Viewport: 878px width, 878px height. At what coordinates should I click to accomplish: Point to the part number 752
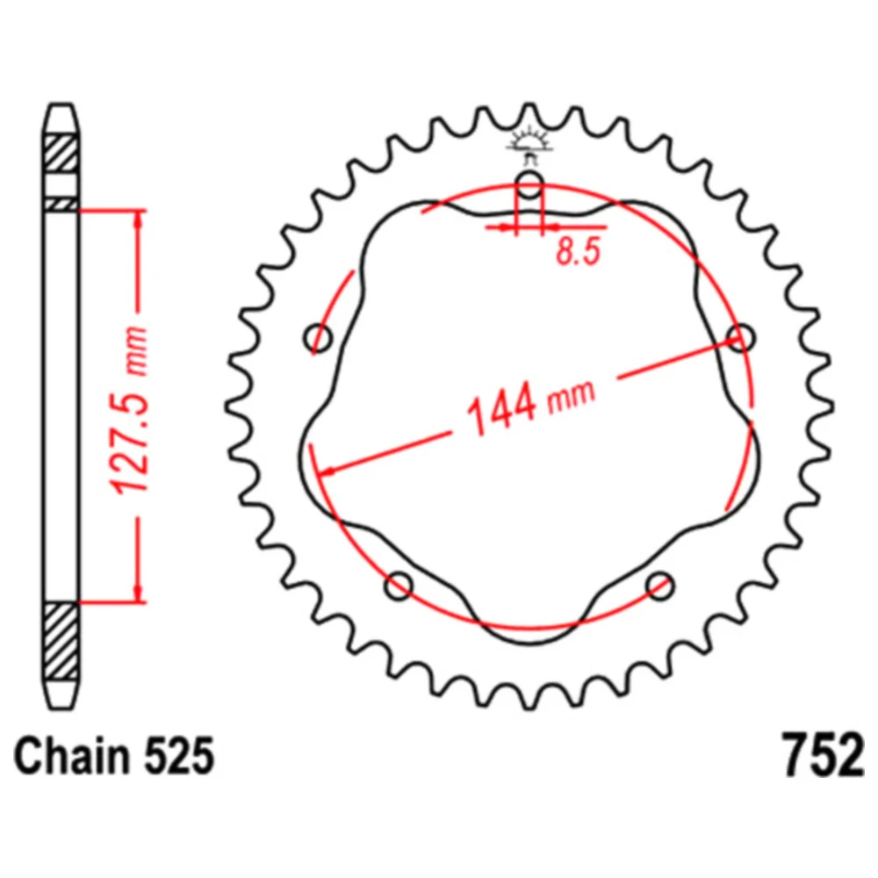[x=821, y=757]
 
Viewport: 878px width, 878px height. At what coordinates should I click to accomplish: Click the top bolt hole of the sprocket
[x=529, y=185]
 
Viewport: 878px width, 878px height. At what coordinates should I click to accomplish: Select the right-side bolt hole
[x=742, y=336]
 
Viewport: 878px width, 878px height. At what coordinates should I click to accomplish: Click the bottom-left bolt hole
[x=399, y=585]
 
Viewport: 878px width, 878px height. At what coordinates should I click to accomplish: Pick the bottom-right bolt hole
[x=659, y=585]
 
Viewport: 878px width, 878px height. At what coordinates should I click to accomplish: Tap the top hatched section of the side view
[x=61, y=155]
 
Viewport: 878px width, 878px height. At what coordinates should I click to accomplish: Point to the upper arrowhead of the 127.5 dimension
[x=138, y=219]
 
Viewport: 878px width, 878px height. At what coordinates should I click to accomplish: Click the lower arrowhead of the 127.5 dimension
[x=138, y=594]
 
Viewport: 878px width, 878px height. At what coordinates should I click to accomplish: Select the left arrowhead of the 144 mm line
[x=327, y=471]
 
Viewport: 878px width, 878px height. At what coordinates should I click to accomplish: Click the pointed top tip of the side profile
[x=61, y=108]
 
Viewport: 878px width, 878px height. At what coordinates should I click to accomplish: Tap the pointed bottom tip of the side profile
[x=61, y=702]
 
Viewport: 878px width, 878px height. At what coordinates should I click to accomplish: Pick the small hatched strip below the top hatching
[x=61, y=204]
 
